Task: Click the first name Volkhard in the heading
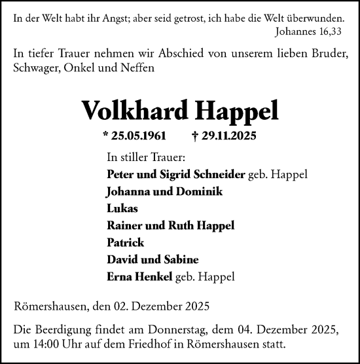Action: point(128,110)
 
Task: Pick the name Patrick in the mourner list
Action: point(124,242)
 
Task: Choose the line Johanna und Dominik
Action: point(154,192)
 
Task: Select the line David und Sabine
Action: point(144,259)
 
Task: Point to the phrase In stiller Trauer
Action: point(145,158)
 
